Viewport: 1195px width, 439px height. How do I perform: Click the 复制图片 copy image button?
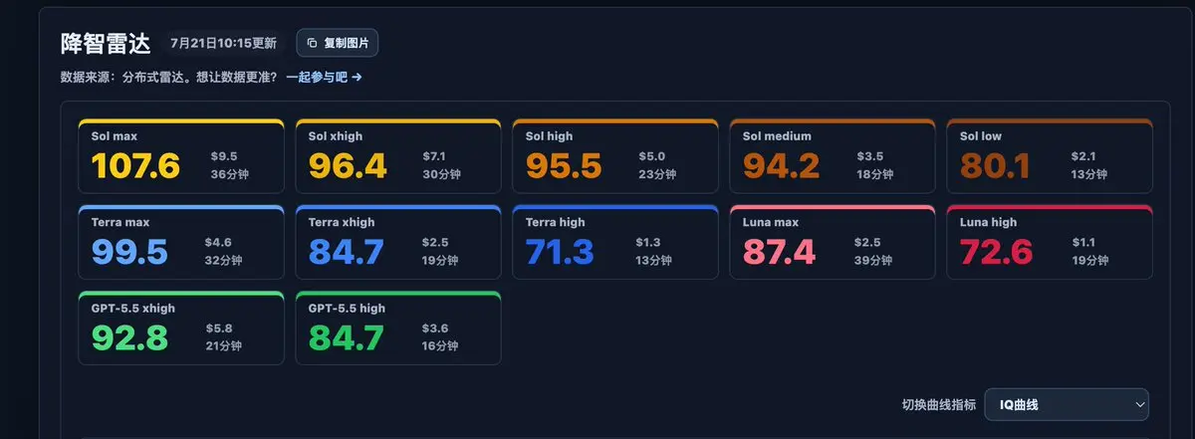(338, 43)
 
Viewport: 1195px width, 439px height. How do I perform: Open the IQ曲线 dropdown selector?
(1067, 405)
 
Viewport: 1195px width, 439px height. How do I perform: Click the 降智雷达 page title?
(106, 43)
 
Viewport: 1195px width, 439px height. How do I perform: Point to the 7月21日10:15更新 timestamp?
(223, 43)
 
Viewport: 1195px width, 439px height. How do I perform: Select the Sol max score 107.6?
(135, 165)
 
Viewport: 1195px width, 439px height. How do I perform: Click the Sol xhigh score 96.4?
(348, 165)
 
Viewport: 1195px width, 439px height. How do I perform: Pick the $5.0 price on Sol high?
(652, 156)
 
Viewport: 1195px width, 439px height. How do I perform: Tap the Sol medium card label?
(777, 136)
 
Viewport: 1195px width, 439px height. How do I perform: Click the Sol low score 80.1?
(995, 165)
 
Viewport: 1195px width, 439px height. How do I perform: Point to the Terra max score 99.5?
(129, 252)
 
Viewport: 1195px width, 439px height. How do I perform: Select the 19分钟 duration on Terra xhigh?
(440, 260)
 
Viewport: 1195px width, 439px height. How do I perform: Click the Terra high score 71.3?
(560, 252)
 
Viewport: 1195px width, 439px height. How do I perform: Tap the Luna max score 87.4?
(779, 252)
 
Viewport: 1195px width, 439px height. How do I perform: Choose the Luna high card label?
(988, 222)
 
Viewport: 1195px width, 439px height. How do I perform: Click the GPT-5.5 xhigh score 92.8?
(129, 338)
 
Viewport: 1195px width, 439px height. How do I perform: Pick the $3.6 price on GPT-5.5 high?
(435, 329)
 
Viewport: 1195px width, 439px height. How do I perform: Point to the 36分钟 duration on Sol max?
(230, 174)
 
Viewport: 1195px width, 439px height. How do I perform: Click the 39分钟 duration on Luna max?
(873, 260)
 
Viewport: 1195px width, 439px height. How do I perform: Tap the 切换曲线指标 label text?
(939, 405)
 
